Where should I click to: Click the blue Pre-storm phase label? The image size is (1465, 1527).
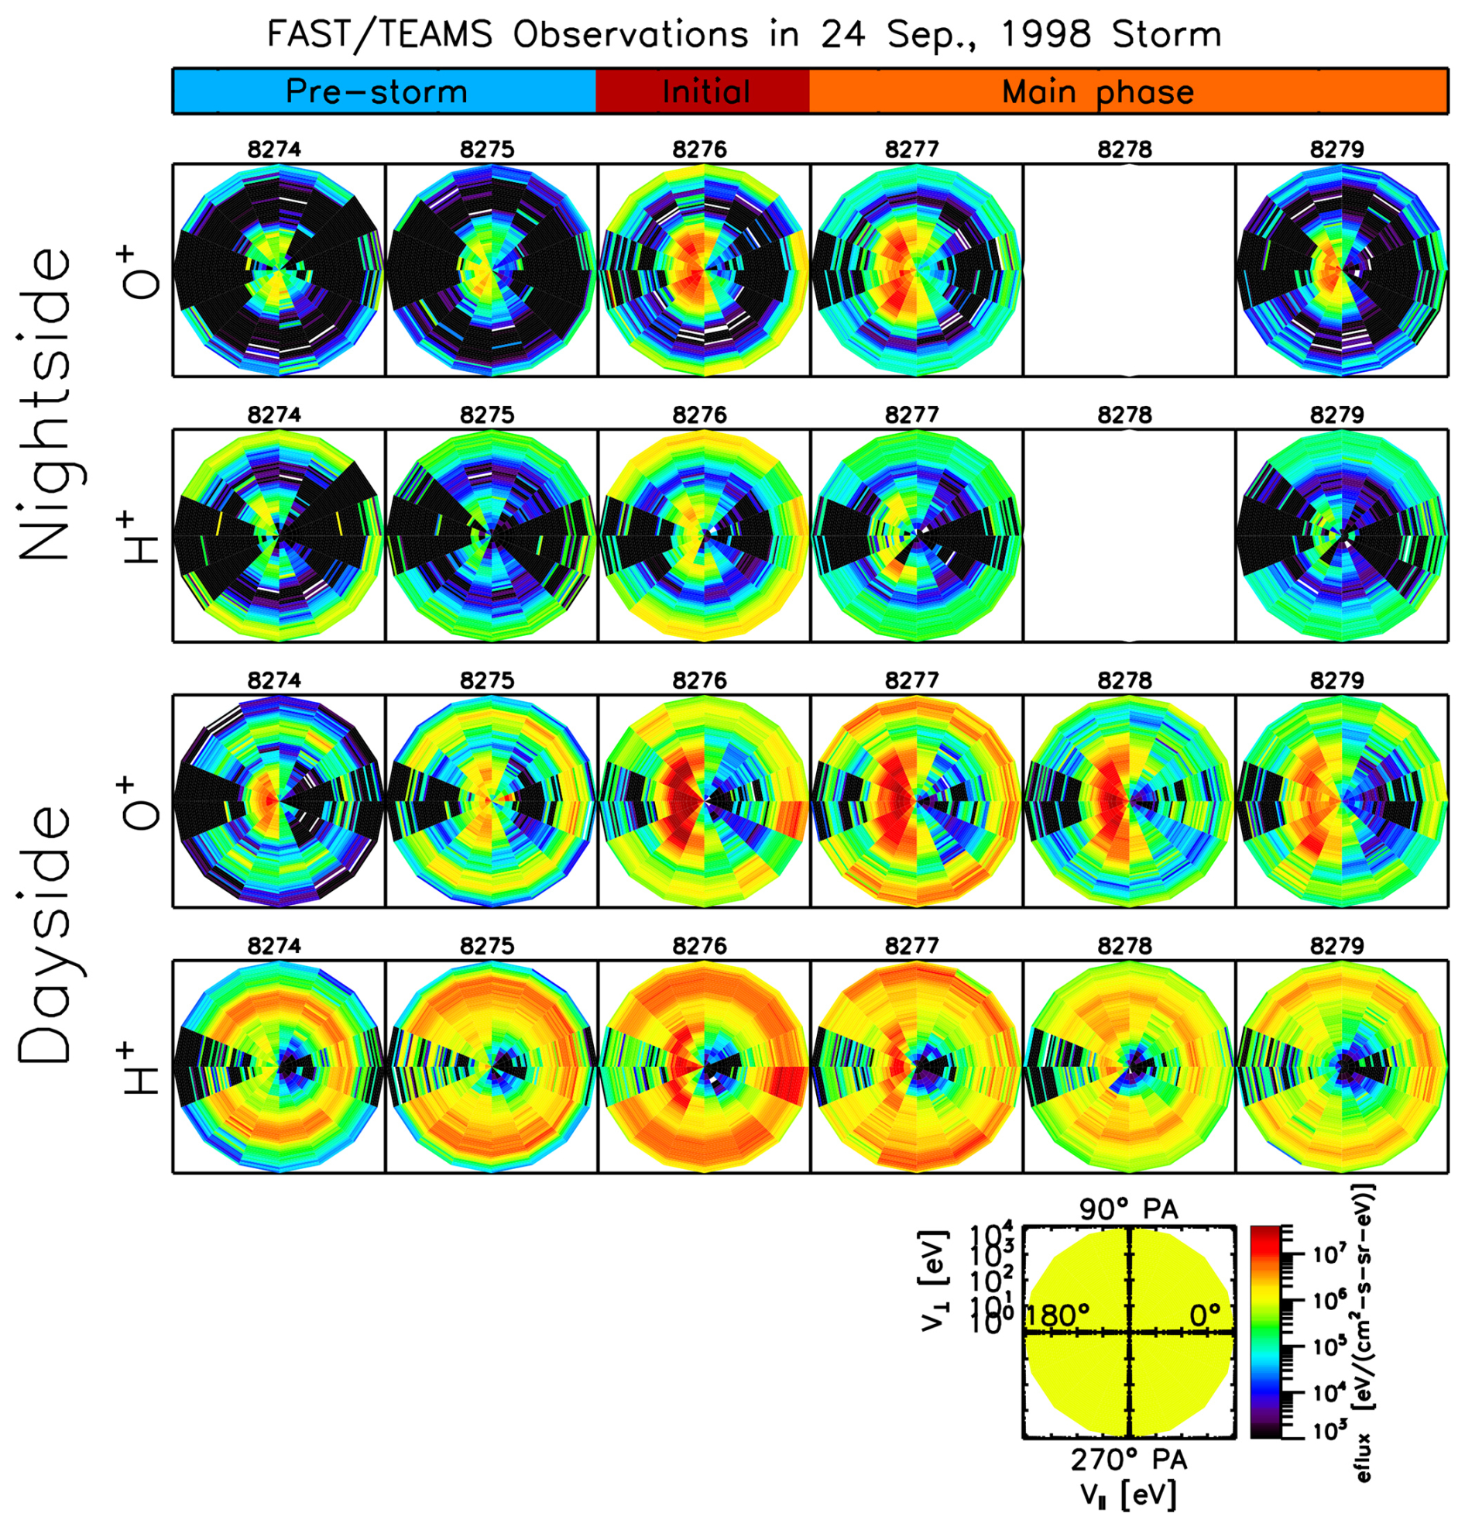[376, 92]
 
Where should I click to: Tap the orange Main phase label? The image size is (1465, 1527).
[1097, 92]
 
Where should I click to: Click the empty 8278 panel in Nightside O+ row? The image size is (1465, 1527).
[1128, 270]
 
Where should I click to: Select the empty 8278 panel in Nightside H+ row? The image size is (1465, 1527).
[1128, 536]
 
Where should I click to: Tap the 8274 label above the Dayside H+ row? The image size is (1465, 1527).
[274, 946]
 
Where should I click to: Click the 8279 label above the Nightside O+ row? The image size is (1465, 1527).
[1336, 149]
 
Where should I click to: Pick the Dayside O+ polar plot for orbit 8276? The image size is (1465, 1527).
[704, 801]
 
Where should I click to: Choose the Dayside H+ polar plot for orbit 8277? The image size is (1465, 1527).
[916, 1066]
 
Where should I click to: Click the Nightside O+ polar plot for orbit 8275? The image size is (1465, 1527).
[491, 270]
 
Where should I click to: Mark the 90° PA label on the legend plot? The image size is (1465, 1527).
[1127, 1209]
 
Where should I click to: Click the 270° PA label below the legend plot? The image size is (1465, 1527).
[1127, 1460]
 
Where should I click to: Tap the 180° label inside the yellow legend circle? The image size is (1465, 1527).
[1058, 1315]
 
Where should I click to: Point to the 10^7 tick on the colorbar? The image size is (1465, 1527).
[1323, 1255]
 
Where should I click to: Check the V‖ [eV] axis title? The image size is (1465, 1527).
[1127, 1494]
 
